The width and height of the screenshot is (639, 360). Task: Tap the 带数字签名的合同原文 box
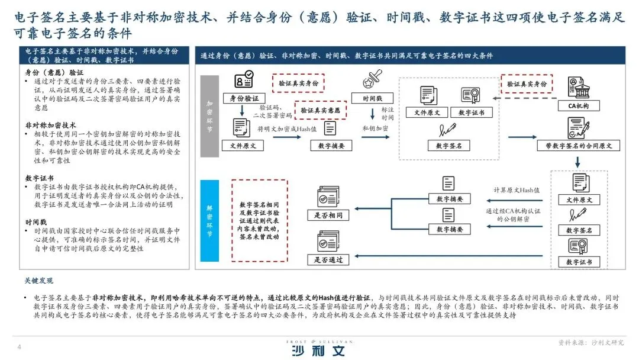575,145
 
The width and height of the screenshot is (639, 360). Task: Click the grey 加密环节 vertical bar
210,115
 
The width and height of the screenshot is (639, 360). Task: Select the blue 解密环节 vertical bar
210,220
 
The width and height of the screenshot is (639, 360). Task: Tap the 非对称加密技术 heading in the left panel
51,126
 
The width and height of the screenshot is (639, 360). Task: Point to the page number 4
20,346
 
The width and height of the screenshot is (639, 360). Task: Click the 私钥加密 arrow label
375,128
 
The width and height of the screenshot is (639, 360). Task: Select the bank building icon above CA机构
576,87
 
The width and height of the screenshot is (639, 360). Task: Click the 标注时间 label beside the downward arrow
388,114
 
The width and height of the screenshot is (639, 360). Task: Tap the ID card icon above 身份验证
244,79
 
